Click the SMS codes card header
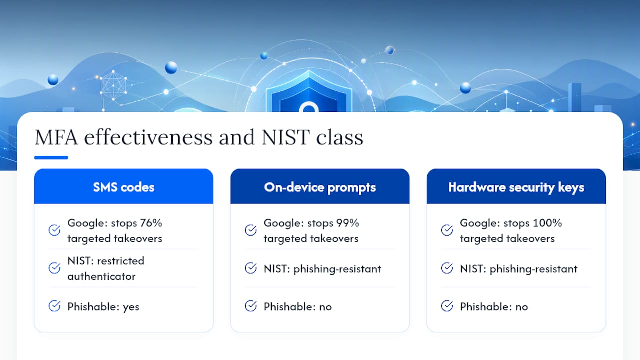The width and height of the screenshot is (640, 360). click(123, 186)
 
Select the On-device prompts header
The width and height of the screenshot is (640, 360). click(320, 186)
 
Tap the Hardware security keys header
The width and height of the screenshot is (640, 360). click(516, 186)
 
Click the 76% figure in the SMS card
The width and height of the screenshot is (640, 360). click(151, 223)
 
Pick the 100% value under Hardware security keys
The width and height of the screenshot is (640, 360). click(547, 223)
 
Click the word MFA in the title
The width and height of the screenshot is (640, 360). click(56, 137)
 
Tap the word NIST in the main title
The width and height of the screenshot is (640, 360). click(285, 137)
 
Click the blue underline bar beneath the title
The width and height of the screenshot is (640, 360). click(51, 157)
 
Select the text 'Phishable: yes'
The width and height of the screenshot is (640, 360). click(103, 307)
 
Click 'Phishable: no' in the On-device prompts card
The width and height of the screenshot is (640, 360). click(297, 307)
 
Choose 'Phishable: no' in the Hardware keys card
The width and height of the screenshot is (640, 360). click(494, 307)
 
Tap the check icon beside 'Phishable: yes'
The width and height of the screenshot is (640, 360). click(54, 306)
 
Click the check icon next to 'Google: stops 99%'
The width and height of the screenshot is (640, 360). click(251, 230)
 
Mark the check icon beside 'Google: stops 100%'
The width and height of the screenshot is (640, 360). click(447, 230)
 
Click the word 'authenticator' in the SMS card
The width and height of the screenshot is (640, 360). click(101, 276)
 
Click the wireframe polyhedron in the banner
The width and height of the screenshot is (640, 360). click(113, 85)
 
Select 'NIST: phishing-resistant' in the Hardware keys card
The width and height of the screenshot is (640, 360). click(518, 269)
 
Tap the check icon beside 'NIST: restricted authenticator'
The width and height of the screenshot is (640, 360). click(54, 268)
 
